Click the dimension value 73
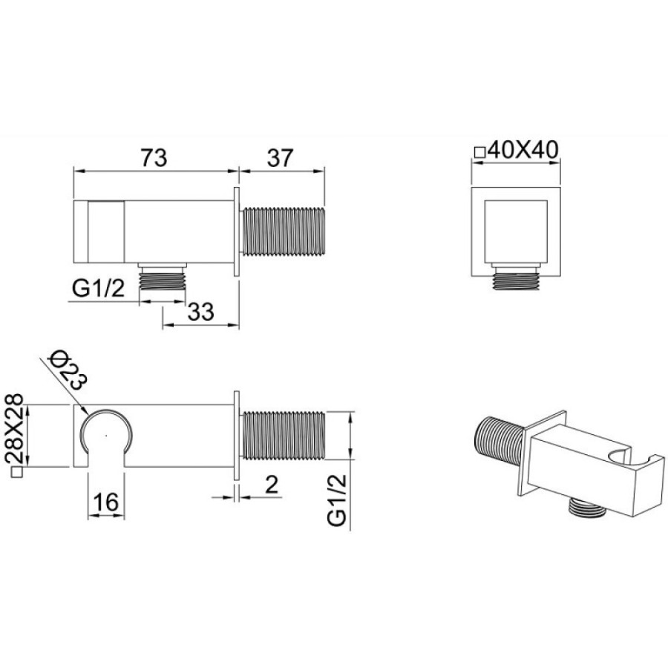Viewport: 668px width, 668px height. pos(154,157)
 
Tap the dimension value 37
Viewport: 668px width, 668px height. pos(281,157)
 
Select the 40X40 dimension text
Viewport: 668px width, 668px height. pos(523,150)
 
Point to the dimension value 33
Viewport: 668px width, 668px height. pos(200,312)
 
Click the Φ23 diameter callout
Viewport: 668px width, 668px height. pos(68,370)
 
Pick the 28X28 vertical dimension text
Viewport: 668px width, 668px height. pos(14,428)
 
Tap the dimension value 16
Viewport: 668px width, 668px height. pos(105,502)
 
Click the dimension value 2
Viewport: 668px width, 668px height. pos(272,485)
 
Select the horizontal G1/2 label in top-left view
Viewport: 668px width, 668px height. pos(99,289)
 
